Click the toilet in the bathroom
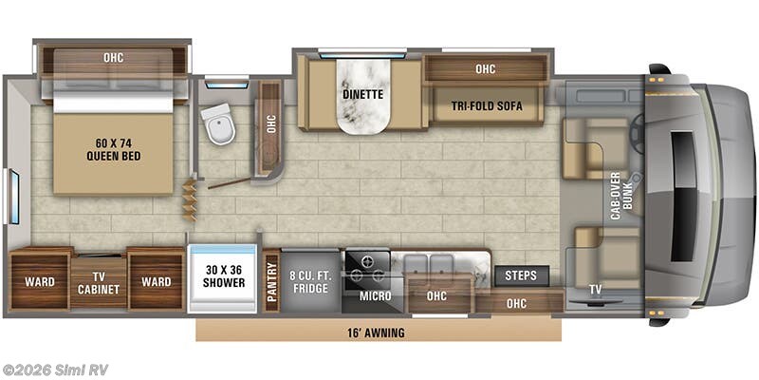tap(218, 123)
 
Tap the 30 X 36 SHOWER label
tap(223, 276)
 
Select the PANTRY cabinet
tap(271, 281)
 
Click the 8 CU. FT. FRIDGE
tap(310, 282)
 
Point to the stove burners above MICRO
tap(366, 267)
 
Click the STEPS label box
tap(521, 275)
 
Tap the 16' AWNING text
tap(376, 333)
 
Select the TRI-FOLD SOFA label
tap(487, 106)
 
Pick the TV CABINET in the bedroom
tap(99, 283)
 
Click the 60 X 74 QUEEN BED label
tap(113, 149)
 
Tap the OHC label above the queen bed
tap(113, 58)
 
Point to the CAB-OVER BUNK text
tap(621, 196)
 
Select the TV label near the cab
tap(595, 290)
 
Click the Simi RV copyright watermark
tap(54, 370)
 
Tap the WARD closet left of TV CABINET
tap(40, 281)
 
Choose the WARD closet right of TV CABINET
tap(156, 281)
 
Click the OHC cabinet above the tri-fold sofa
tap(486, 68)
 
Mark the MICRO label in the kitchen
tap(375, 295)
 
